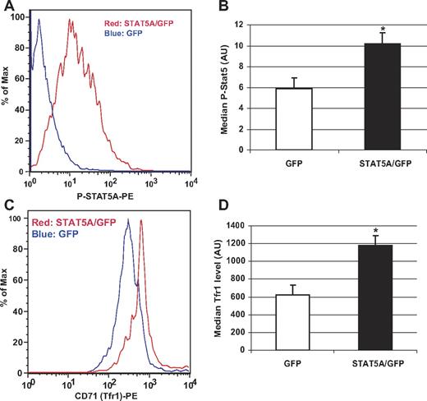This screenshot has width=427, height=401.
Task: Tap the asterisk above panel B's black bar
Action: pos(382,27)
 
